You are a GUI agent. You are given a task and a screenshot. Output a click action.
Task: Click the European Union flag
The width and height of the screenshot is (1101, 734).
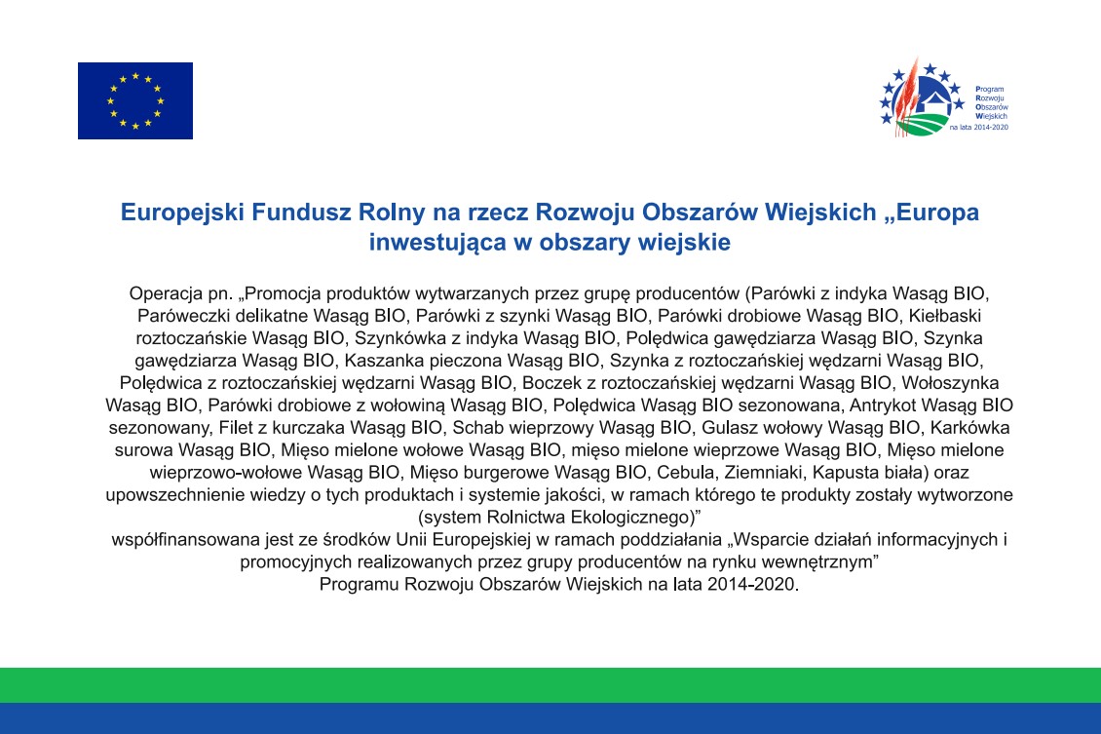pyautogui.click(x=134, y=100)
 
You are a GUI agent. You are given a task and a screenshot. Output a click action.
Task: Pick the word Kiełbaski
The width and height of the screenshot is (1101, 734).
pyautogui.click(x=945, y=316)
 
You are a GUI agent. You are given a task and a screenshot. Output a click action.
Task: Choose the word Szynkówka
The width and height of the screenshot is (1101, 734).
pyautogui.click(x=400, y=338)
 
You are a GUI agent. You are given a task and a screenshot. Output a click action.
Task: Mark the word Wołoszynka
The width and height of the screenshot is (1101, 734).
pyautogui.click(x=950, y=383)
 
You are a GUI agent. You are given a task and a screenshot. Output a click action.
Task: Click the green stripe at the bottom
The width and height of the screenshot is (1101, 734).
pyautogui.click(x=550, y=685)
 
